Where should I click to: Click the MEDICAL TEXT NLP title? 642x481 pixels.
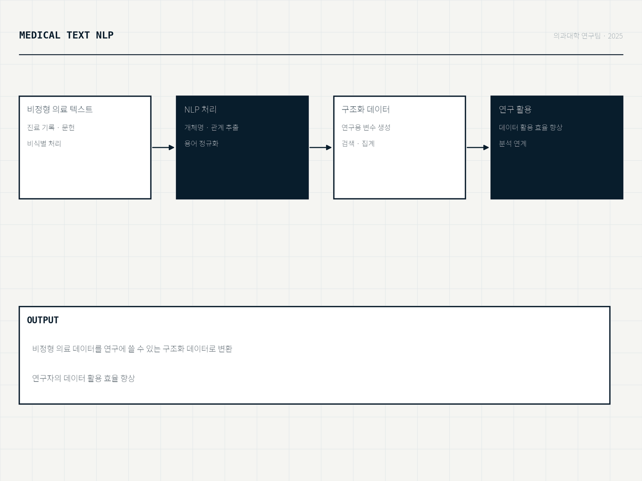tap(66, 35)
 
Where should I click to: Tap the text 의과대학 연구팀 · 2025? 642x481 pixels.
tap(588, 36)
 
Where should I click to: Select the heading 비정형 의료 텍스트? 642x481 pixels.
tap(60, 109)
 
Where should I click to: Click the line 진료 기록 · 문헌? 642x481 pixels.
tap(51, 127)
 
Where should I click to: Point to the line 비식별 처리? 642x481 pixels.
tap(44, 143)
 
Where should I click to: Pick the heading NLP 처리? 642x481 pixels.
tap(200, 109)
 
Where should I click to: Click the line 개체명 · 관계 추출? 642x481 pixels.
tap(211, 127)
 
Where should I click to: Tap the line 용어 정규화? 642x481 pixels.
tap(201, 143)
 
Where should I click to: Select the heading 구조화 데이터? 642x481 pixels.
tap(366, 109)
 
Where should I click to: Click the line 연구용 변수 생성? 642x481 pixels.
tap(366, 127)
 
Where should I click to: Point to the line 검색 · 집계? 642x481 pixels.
tap(358, 143)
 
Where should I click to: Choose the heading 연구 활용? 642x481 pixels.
tap(515, 109)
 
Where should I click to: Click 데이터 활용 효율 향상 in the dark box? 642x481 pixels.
tap(530, 127)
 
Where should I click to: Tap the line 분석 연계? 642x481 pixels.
tap(512, 143)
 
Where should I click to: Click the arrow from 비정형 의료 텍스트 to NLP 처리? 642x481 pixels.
tap(163, 148)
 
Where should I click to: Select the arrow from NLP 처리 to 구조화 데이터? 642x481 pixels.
tap(321, 148)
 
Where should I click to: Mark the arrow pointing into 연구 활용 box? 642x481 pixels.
tap(478, 148)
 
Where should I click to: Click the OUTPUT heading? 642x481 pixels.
tap(43, 320)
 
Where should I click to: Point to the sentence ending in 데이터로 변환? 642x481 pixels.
tap(132, 349)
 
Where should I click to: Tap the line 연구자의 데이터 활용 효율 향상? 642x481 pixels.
tap(83, 378)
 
